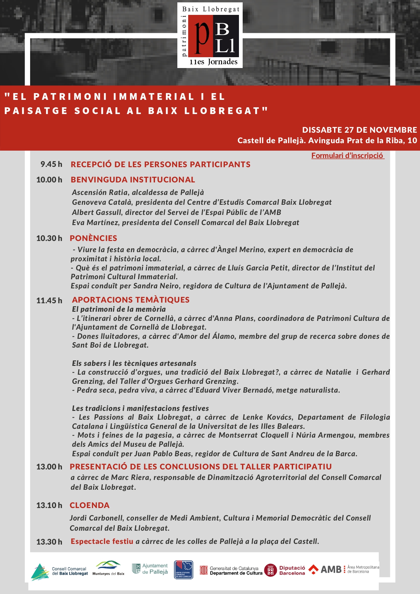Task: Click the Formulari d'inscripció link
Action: pos(348,156)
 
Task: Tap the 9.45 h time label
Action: pos(51,164)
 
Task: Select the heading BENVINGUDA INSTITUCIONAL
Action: pos(133,180)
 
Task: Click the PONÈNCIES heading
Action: pos(93,238)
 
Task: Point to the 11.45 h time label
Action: pos(49,301)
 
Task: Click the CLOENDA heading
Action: pos(90,505)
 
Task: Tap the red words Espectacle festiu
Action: pos(102,541)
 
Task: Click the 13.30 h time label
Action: pos(49,542)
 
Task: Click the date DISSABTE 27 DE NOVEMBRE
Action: pos(359,130)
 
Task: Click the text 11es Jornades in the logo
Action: pos(213,62)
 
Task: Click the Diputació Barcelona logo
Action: pos(285,570)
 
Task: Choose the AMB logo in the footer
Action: pos(344,570)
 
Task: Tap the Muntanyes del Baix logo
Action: pos(108,568)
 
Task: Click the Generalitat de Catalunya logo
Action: pos(231,571)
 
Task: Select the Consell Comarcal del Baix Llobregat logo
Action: pos(60,571)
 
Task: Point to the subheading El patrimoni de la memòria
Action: pos(119,309)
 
